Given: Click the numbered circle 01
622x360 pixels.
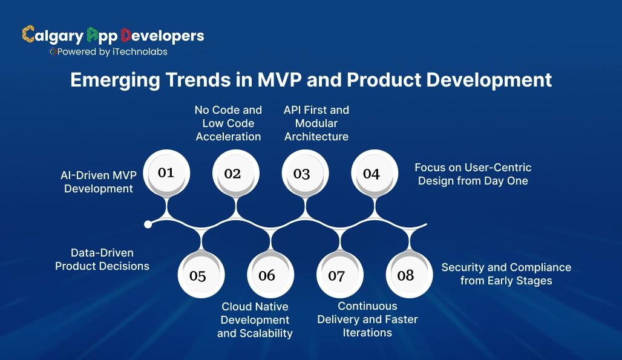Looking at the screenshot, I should pos(166,172).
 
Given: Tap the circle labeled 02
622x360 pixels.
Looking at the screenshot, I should pos(232,174).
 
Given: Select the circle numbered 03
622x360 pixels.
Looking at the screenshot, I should pos(301,174).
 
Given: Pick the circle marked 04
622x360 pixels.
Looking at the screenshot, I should pos(371,174).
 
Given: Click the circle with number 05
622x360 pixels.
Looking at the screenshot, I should pos(198,276).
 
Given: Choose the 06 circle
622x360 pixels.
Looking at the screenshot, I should pos(267,275).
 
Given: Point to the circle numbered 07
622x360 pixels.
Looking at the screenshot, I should pos(336,276).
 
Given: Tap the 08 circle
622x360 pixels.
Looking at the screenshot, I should pos(405,275).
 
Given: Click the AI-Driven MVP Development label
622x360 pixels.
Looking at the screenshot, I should pos(99,182).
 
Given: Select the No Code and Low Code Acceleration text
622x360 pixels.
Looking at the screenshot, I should pos(228,123).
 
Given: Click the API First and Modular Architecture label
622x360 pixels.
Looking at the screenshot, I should pos(316,123).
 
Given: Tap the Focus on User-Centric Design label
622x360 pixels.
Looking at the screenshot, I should pos(473,174).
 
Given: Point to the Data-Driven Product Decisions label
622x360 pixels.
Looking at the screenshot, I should pos(102,259).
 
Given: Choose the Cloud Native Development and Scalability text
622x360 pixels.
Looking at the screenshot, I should pos(255,320).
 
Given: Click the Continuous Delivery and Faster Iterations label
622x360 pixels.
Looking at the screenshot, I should pos(367,319).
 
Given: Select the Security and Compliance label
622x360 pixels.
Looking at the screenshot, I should pos(506,273).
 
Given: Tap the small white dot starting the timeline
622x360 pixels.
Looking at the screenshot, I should pos(148,224).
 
